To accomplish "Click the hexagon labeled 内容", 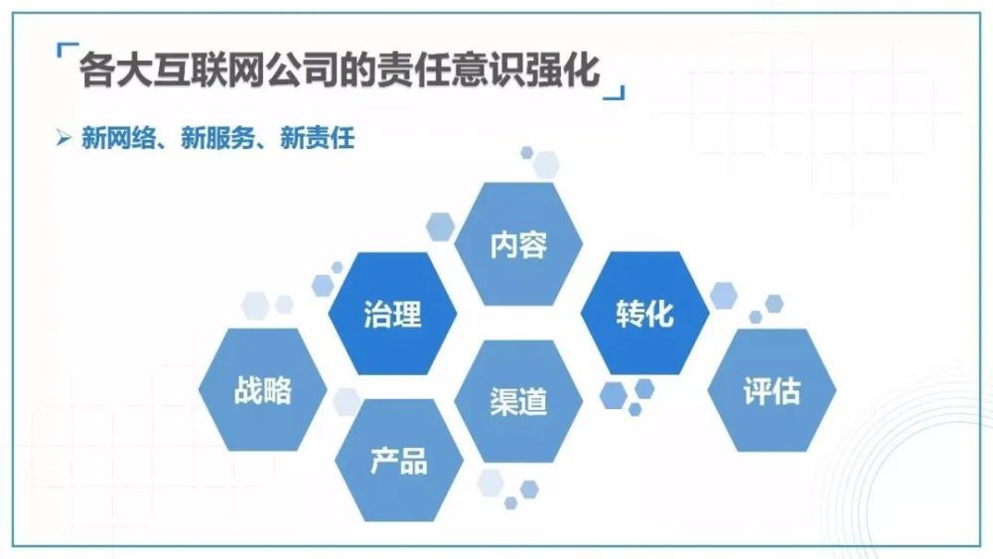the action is tap(518, 244).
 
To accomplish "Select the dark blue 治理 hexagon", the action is tap(392, 314).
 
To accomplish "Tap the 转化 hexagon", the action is tap(644, 313).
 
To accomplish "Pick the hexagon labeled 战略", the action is tap(263, 389).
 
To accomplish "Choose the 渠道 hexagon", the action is tap(518, 401).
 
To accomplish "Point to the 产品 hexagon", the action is tap(399, 461).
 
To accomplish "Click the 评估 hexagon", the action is tap(772, 390).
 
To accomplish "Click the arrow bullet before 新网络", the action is tap(64, 137).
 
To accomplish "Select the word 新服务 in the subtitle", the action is tap(217, 138).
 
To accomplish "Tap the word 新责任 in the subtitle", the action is tap(318, 138).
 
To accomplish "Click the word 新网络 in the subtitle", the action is tap(118, 138).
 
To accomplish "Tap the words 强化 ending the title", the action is tap(563, 69).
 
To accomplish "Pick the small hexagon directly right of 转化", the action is tap(724, 296).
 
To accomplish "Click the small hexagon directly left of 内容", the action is tap(440, 226).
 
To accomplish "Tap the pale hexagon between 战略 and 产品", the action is tap(347, 401).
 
